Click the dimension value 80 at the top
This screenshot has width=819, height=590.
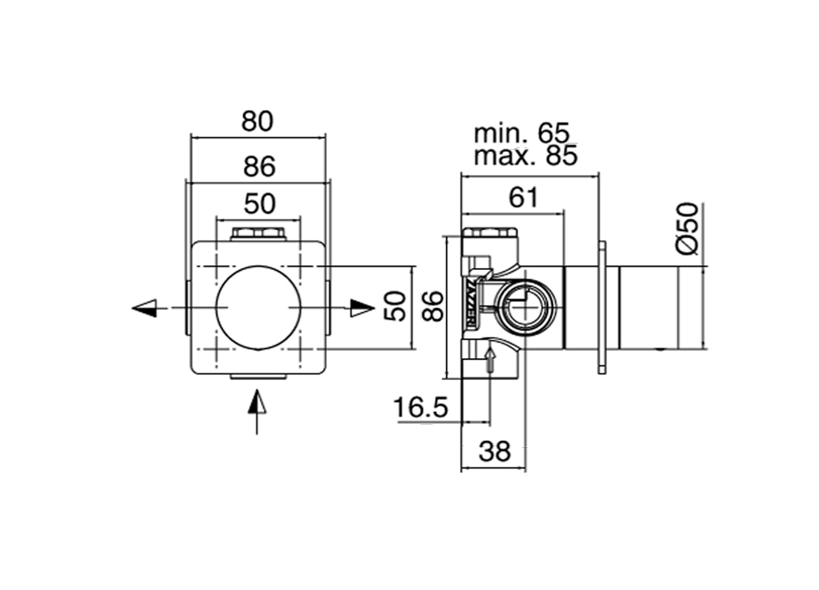tap(257, 122)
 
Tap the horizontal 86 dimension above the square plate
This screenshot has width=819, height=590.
tap(259, 167)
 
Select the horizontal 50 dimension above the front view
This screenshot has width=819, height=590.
tap(259, 204)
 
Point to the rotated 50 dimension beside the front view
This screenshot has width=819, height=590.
tap(396, 306)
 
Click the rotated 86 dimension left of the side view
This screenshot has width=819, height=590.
tap(433, 306)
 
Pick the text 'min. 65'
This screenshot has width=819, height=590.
tap(521, 134)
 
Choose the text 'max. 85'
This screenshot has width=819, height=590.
tap(525, 155)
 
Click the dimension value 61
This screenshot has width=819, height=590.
tap(523, 197)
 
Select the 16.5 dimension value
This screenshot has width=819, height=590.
tap(420, 407)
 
